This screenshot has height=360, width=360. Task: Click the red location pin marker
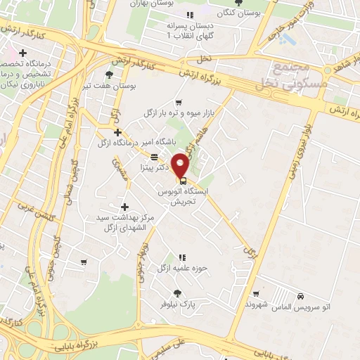click(x=181, y=165)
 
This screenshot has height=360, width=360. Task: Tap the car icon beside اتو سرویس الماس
click(x=301, y=296)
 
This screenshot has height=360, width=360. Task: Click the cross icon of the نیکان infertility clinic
click(x=23, y=53)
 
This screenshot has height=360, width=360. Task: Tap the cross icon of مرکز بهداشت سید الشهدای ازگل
click(x=125, y=207)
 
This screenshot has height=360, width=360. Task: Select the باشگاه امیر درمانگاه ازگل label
click(x=131, y=142)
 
